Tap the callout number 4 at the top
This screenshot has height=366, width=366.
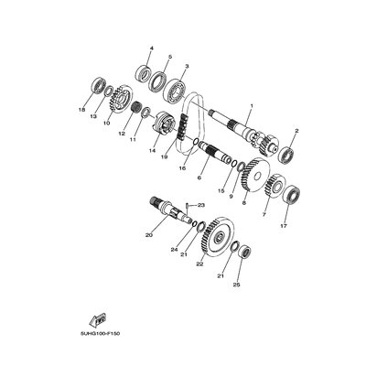tap(151, 48)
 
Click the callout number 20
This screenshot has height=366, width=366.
tap(148, 234)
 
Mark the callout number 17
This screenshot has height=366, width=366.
tap(285, 226)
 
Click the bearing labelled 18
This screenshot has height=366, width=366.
tap(95, 88)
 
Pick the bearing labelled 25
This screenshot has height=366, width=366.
tap(240, 251)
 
